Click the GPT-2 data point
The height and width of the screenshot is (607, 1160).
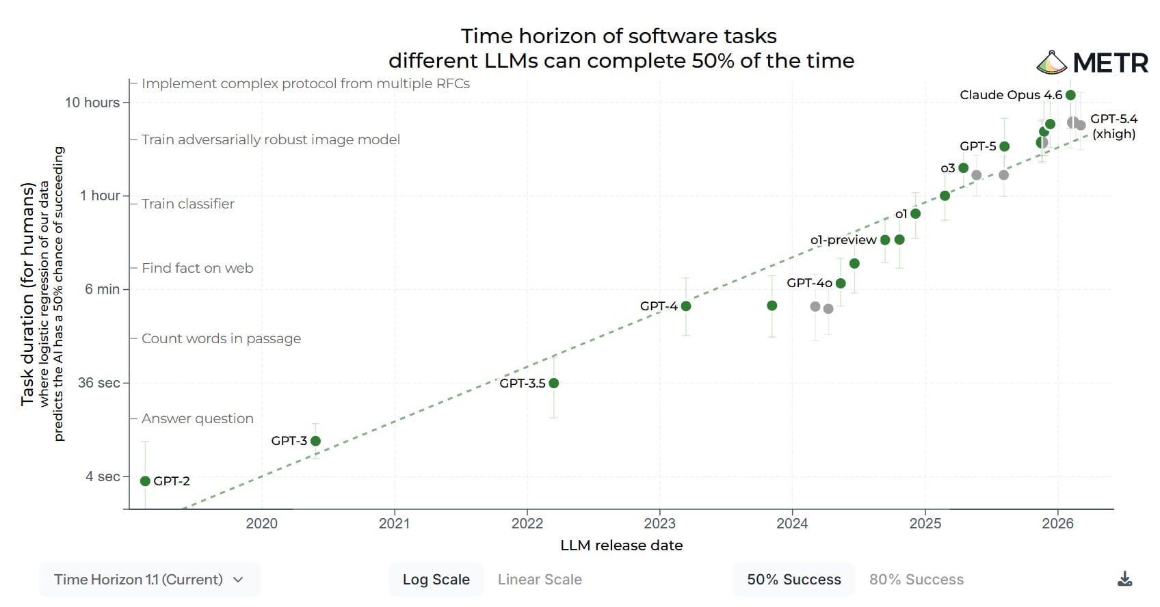coord(145,481)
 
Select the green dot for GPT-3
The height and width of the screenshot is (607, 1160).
coord(315,441)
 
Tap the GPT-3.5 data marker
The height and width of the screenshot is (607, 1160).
coord(554,383)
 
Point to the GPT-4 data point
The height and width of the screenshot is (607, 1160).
coord(686,306)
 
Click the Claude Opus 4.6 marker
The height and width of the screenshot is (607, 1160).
coord(1070,95)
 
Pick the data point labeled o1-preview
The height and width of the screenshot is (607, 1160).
coord(885,240)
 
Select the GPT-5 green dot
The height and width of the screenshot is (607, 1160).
coord(1004,146)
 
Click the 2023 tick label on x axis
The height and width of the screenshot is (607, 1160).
coord(659,524)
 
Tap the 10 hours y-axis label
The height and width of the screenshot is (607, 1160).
coord(92,103)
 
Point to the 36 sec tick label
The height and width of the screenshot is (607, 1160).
coord(98,383)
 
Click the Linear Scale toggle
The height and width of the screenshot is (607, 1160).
coord(540,580)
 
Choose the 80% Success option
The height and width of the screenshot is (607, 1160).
coord(916,580)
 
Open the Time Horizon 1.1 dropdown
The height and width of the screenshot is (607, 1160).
coord(149,580)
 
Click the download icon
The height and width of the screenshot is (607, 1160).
coord(1124,580)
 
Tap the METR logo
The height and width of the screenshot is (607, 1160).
coord(1092,63)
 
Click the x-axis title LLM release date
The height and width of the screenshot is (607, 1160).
coord(621,545)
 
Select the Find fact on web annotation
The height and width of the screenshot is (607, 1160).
coord(197,268)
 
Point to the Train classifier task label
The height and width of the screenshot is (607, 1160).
coord(187,204)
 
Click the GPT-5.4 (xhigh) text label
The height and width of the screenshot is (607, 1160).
coord(1113,126)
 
